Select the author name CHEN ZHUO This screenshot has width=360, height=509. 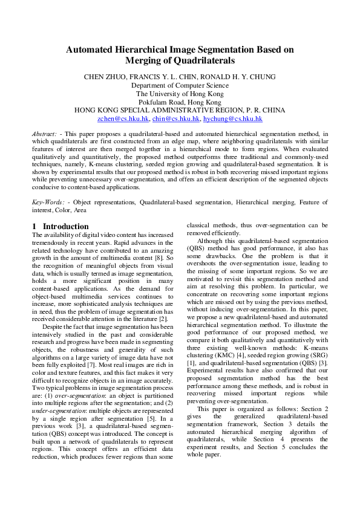[103, 77]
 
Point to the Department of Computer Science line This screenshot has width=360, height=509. [180, 85]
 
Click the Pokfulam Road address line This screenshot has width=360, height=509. [180, 102]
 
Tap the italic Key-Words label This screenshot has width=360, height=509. [47, 201]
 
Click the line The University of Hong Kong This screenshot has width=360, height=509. [180, 94]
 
